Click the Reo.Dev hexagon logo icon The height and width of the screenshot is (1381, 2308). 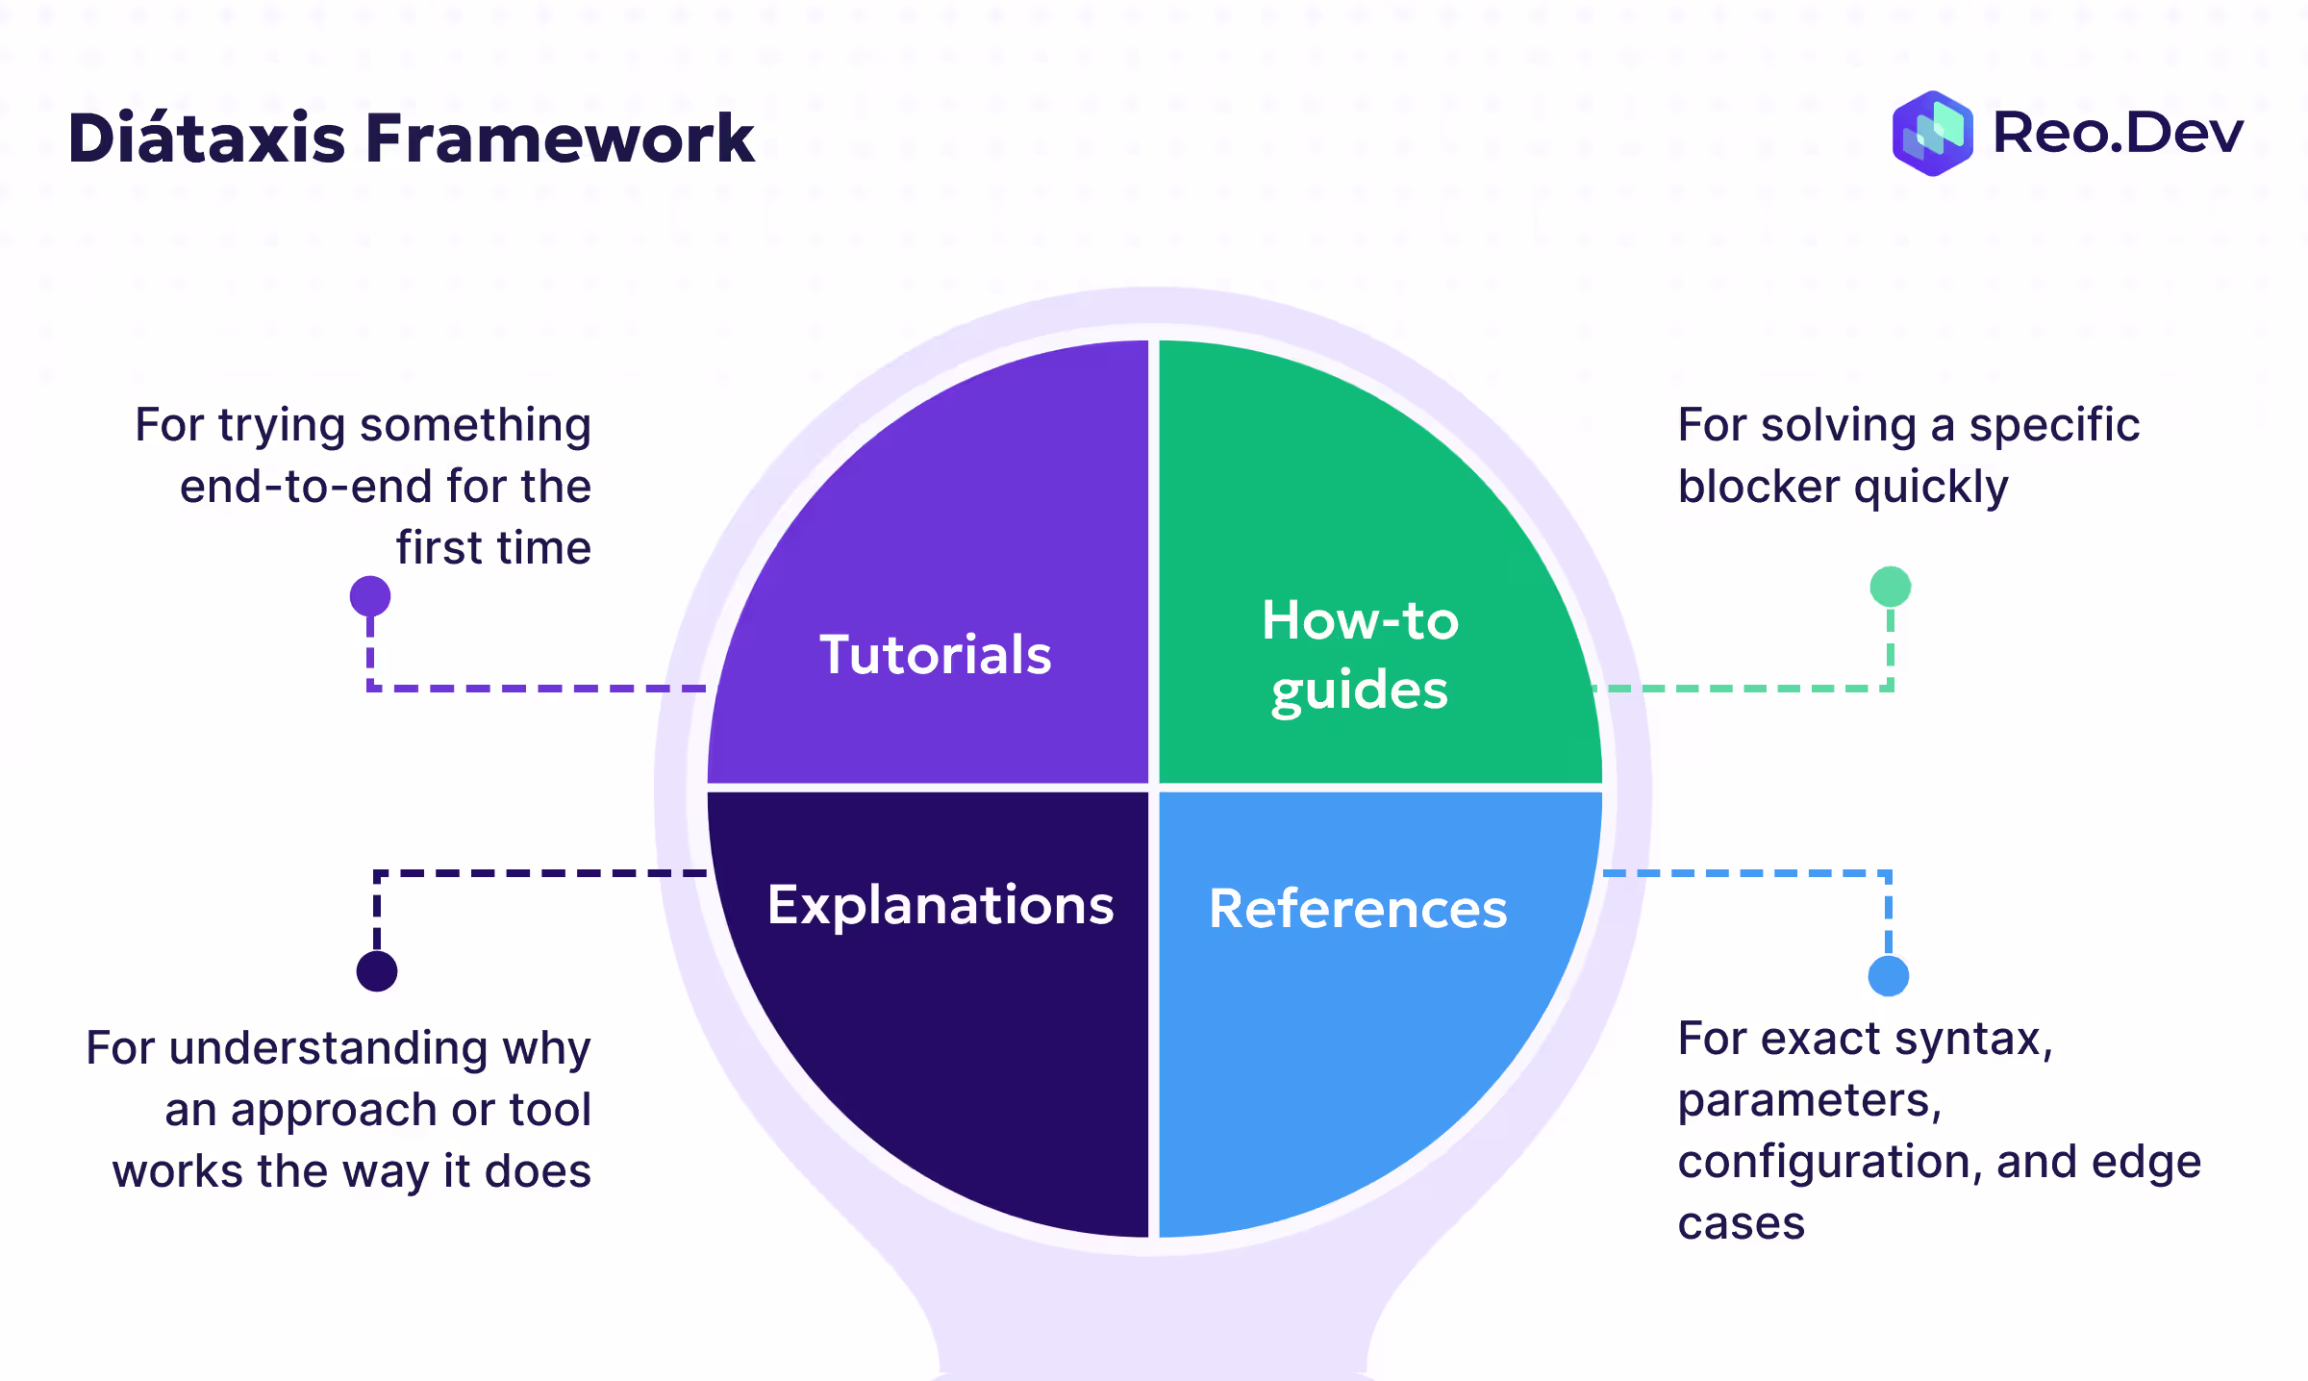point(1932,134)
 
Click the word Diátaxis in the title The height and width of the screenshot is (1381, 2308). point(206,138)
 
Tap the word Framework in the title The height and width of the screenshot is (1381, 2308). point(560,138)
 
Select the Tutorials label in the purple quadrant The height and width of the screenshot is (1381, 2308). point(935,655)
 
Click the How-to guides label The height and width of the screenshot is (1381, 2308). point(1360,655)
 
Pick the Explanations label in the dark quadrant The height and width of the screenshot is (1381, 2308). point(941,905)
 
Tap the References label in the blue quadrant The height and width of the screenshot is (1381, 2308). point(1358,909)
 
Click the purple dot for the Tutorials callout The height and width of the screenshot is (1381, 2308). point(370,596)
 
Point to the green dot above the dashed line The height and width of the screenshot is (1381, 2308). point(1890,587)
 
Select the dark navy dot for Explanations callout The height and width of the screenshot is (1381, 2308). point(377,970)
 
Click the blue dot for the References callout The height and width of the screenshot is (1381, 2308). point(1889,976)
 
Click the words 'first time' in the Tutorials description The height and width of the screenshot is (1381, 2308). point(493,548)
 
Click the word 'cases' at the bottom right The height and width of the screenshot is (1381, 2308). point(1741,1224)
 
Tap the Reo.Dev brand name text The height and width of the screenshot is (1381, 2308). point(2118,133)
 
